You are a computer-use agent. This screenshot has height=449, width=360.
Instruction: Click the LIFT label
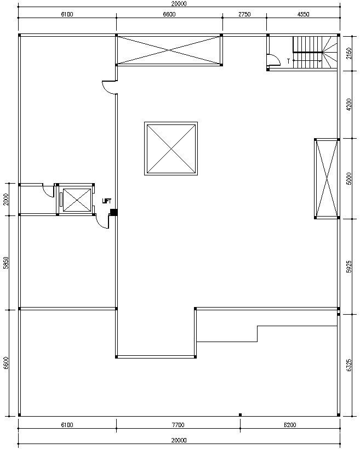pos(106,201)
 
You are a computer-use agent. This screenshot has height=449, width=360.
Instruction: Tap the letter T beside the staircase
pos(288,61)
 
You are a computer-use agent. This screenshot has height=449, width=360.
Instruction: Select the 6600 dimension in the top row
pos(169,14)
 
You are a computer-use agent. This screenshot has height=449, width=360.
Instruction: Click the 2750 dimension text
pos(244,14)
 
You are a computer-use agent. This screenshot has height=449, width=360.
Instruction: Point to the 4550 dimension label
pos(304,14)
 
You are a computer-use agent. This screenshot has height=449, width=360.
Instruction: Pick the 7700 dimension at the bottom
pos(178,425)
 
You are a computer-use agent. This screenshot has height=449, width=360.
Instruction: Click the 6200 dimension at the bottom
pos(290,425)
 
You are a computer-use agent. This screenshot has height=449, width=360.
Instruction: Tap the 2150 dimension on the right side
pos(348,53)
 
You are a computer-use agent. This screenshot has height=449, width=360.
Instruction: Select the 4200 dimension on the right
pos(348,105)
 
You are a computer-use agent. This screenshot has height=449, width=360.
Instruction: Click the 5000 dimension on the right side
pos(348,179)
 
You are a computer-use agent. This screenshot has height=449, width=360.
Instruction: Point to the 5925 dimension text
pos(348,266)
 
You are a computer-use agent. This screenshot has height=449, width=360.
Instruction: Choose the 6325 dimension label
pos(348,365)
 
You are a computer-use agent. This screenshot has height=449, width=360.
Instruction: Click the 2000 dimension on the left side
pos(5,200)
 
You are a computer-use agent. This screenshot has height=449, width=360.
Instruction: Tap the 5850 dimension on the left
pos(5,263)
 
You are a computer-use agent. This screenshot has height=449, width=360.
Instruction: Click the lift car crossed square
pos(77,200)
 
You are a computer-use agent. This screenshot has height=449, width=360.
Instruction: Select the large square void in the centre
pos(171,149)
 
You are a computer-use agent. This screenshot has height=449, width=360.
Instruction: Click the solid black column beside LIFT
pos(114,212)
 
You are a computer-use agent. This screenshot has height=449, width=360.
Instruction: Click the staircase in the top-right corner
pos(315,52)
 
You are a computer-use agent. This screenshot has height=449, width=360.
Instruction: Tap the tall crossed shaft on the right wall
pos(327,179)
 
